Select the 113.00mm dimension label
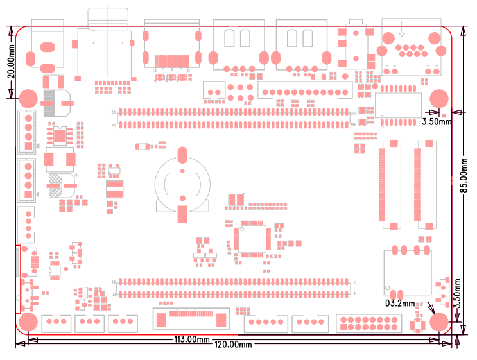(x=193, y=339)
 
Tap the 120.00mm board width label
(x=232, y=345)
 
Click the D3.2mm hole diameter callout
(x=400, y=304)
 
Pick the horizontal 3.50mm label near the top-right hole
(x=437, y=121)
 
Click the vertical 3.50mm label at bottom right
(x=457, y=295)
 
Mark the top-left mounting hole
(x=28, y=98)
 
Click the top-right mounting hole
(x=438, y=98)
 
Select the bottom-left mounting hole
(x=28, y=322)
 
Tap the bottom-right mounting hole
(x=439, y=322)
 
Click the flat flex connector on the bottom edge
(x=191, y=319)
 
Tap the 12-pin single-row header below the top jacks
(x=305, y=90)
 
